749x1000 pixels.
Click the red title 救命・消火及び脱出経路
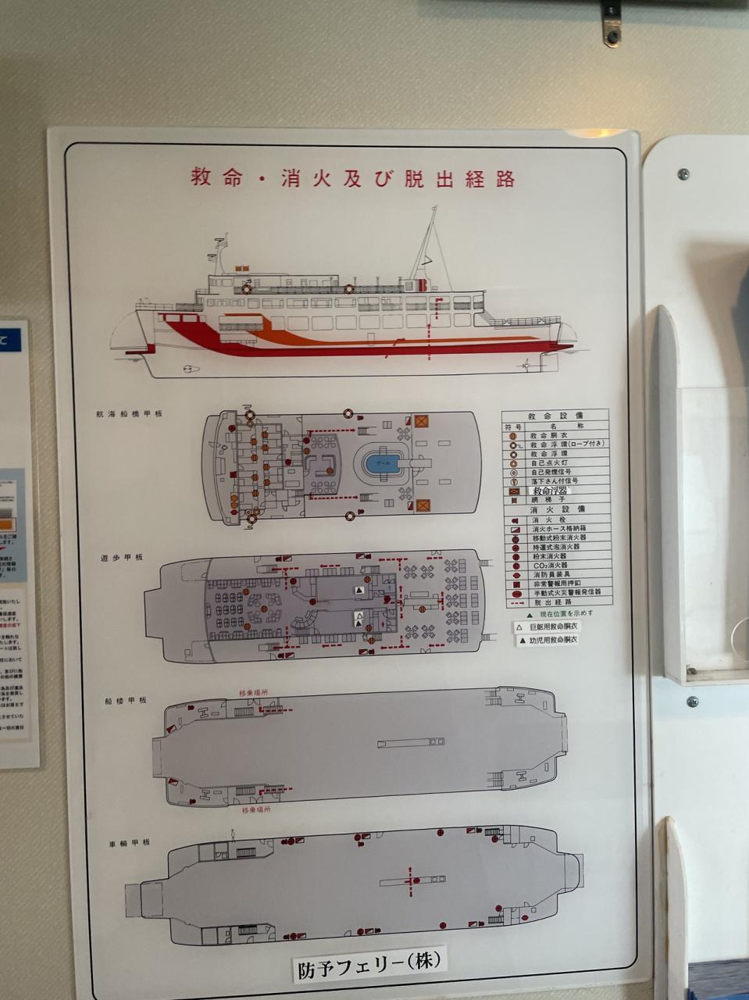coord(353,178)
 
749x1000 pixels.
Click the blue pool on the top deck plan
coord(383,463)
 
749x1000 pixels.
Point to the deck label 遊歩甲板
coord(121,559)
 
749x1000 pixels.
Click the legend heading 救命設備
coord(555,416)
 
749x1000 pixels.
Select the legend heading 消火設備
coord(555,509)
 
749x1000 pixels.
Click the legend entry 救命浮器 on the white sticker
coord(551,491)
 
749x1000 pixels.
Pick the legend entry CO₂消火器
coord(550,565)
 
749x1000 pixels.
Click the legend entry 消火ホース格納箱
coord(559,529)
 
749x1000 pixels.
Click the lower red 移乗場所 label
coord(256,810)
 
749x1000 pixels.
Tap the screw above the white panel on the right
coord(683,173)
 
